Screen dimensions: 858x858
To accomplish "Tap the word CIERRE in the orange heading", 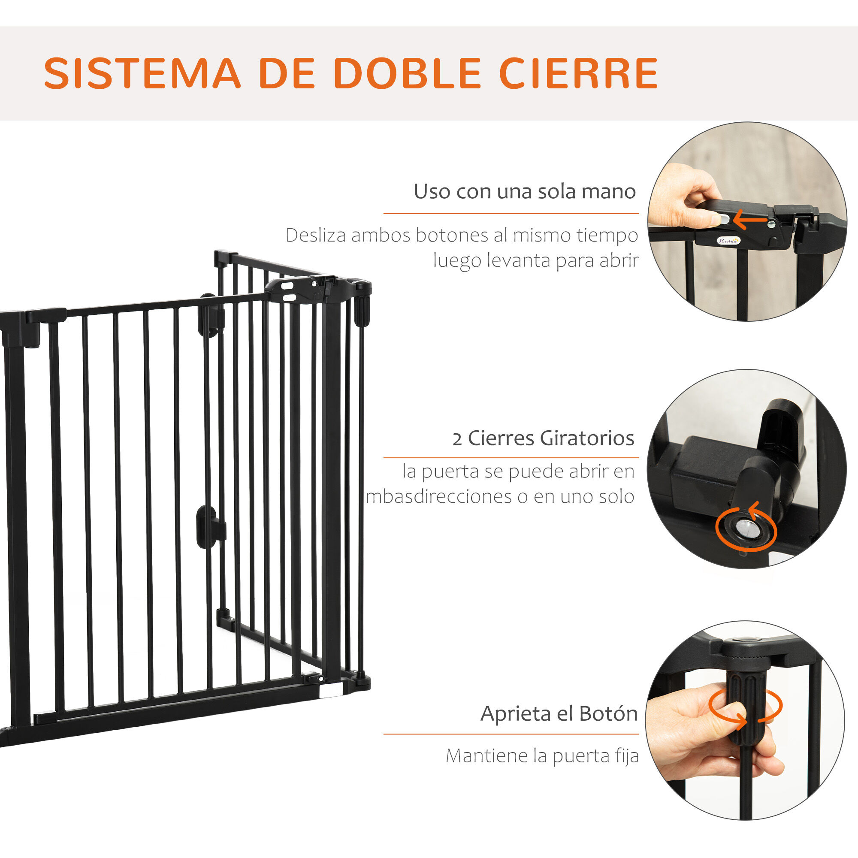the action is tap(579, 73).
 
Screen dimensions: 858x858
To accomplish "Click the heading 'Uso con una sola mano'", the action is tap(525, 191).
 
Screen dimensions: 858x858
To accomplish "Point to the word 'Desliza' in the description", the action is tap(316, 235).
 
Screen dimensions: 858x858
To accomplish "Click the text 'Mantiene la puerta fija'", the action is tap(542, 756).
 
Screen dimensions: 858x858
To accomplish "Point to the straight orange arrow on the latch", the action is tap(750, 219).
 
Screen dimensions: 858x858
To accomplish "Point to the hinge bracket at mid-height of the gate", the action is tap(211, 527).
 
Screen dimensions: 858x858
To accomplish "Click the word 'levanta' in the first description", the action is tap(518, 260).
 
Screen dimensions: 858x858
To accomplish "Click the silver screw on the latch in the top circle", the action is tap(772, 224).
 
